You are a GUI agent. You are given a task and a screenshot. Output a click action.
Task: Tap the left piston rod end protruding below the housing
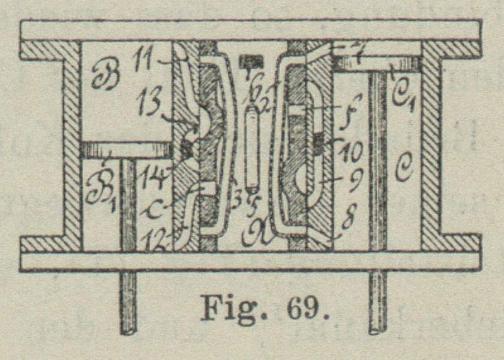tap(129, 303)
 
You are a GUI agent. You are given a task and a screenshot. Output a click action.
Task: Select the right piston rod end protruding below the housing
tap(377, 303)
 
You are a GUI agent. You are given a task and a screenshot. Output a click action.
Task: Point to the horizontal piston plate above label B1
tap(127, 149)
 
